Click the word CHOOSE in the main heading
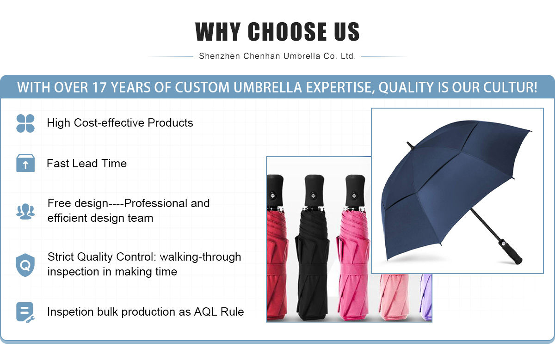(287, 31)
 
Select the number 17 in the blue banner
(99, 87)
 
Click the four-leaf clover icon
(25, 123)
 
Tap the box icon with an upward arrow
(25, 163)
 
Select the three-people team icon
(25, 212)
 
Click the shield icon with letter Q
(25, 265)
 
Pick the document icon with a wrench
(25, 312)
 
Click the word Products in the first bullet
(170, 123)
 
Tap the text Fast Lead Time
(87, 164)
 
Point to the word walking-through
(200, 257)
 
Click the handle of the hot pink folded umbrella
(355, 190)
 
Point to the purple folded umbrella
(426, 297)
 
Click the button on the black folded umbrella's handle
(314, 195)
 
